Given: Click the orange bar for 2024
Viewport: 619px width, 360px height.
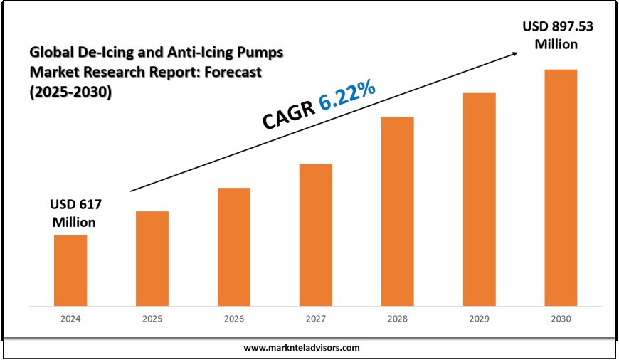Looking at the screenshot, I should (70, 270).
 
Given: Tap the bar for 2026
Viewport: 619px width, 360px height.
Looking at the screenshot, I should (234, 247).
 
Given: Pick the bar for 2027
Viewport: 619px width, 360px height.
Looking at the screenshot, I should (316, 235).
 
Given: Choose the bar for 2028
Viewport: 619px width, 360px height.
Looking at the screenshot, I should (397, 211).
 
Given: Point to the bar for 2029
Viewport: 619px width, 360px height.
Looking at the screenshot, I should (479, 199).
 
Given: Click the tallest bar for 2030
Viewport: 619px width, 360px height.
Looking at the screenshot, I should (561, 188).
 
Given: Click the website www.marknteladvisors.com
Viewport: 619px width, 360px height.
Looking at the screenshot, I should (302, 348).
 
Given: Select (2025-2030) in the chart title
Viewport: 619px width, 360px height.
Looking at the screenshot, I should (71, 92).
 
